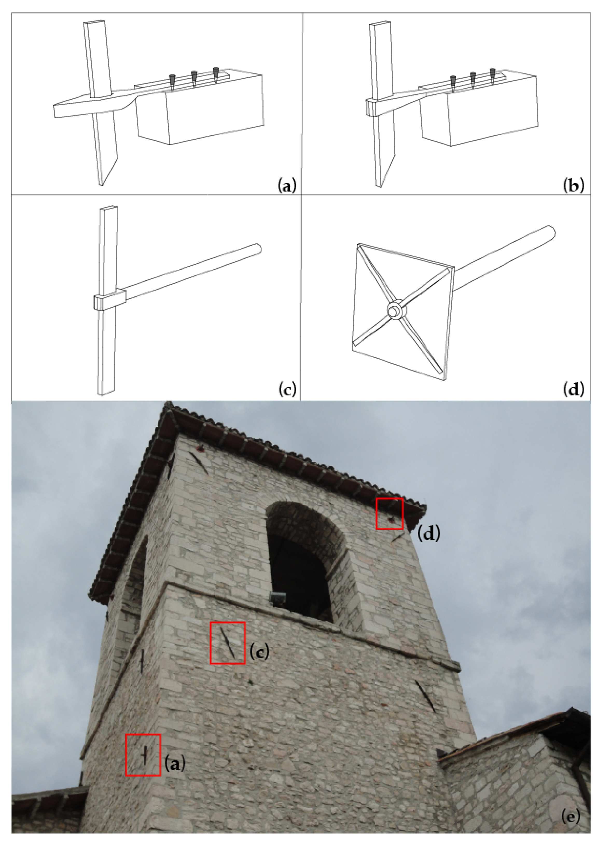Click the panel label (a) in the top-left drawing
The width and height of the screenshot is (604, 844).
[x=287, y=185]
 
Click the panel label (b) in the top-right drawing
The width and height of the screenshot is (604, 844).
[x=573, y=185]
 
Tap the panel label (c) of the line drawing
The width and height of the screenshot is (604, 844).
[x=287, y=390]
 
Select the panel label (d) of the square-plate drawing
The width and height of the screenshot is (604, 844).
[x=573, y=390]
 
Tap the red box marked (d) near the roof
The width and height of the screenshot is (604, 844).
[x=390, y=513]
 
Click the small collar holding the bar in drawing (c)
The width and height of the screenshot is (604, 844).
[x=110, y=300]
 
